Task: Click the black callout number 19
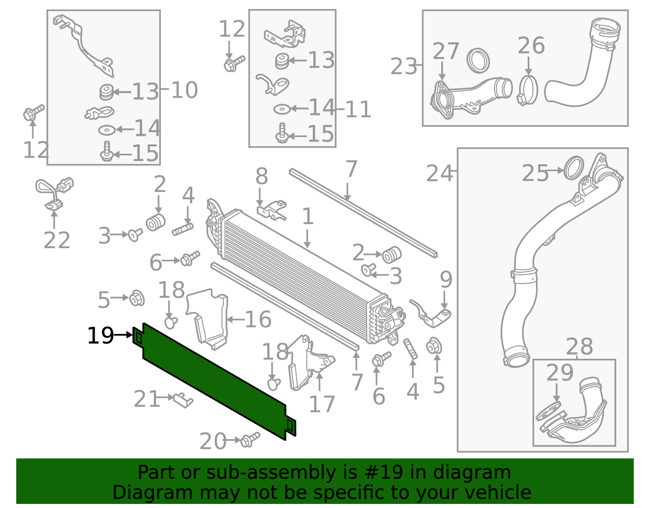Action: coord(100,336)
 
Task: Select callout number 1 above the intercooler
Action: coord(308,216)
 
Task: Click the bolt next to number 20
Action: coord(249,440)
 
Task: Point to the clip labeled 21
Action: coord(183,400)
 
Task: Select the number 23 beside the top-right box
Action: coord(403,67)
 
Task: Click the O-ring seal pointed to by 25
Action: coord(574,168)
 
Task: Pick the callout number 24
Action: coord(439,174)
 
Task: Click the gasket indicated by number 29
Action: coord(548,411)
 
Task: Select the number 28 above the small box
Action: coord(579,347)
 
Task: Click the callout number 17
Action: coord(321,404)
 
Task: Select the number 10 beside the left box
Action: coord(184,90)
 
